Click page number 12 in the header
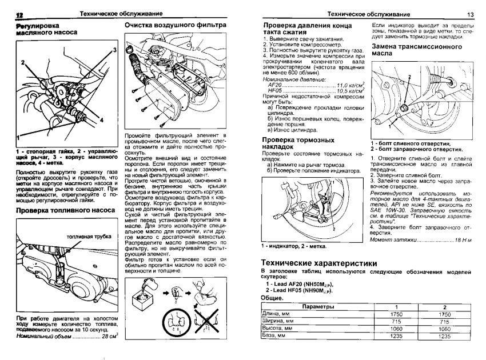(18, 14)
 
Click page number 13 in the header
(471, 14)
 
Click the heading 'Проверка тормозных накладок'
(298, 144)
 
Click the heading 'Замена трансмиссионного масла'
(417, 50)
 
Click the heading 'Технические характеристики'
(318, 263)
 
